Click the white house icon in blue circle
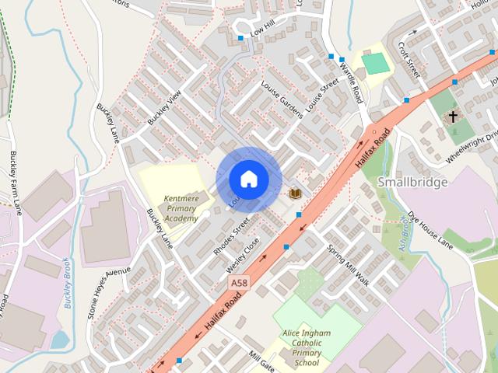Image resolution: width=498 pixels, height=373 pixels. click(248, 179)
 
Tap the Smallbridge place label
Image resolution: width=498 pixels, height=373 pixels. click(412, 182)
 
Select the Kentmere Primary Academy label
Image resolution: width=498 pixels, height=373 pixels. click(181, 209)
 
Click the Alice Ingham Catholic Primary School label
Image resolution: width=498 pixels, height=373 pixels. click(307, 348)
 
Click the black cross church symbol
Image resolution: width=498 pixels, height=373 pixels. click(453, 117)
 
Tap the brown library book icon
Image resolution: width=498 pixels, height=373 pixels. click(295, 193)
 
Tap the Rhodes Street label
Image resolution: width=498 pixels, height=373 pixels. click(231, 236)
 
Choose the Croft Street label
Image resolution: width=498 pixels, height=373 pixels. click(409, 59)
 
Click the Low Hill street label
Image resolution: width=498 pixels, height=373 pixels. click(263, 30)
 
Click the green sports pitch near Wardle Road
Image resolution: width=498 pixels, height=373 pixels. click(375, 64)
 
